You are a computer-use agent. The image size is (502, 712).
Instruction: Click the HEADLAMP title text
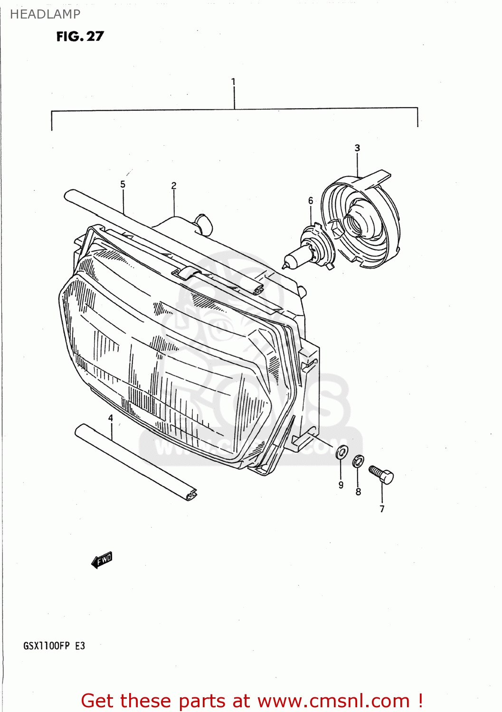45,14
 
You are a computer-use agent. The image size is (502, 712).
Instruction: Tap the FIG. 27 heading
80,37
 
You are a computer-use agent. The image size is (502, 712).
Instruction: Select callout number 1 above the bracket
233,82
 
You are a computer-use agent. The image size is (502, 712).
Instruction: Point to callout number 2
174,186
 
